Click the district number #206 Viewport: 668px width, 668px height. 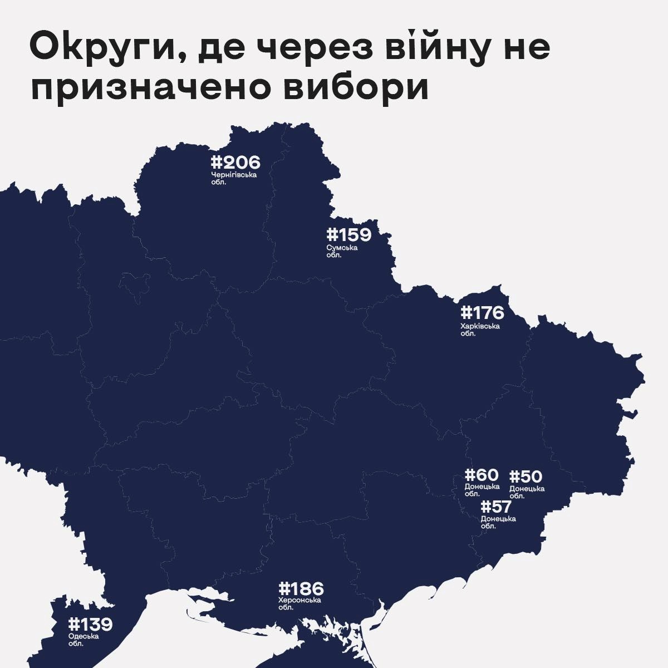click(x=235, y=163)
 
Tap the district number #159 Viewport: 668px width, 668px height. click(x=348, y=234)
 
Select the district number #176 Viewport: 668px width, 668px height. click(x=482, y=312)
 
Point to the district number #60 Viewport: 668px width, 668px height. click(x=482, y=475)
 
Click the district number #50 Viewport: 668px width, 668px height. click(x=525, y=477)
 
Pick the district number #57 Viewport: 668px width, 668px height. click(x=496, y=507)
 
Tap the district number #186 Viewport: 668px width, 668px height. click(x=301, y=588)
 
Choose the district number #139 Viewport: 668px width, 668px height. click(x=90, y=625)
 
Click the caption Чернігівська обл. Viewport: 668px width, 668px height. click(x=234, y=178)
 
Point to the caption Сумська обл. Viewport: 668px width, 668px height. click(x=342, y=251)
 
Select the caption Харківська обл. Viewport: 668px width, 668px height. click(x=480, y=330)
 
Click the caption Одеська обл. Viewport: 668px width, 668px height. click(x=83, y=640)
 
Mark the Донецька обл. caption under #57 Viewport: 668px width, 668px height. click(x=498, y=522)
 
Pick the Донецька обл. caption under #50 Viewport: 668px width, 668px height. click(x=526, y=492)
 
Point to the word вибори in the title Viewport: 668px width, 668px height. click(x=357, y=89)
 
